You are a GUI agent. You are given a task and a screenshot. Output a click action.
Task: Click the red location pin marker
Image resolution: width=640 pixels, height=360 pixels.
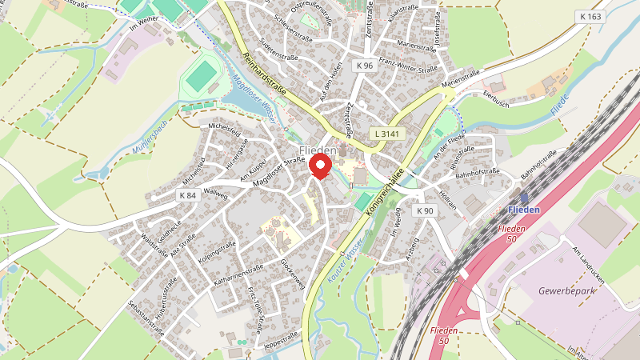coord(321,165)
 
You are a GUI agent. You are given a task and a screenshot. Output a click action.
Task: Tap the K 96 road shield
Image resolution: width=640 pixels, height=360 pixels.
coord(366,66)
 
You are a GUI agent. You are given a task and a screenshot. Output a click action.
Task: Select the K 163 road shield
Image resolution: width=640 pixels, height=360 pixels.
coord(590,16)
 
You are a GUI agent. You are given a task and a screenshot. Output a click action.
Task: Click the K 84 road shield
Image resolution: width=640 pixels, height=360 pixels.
coord(188,195)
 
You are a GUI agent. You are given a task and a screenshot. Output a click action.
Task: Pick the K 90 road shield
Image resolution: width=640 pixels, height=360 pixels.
coord(425,211)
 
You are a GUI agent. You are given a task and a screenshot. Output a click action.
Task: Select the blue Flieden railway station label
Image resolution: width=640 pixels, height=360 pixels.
coord(524,210)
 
